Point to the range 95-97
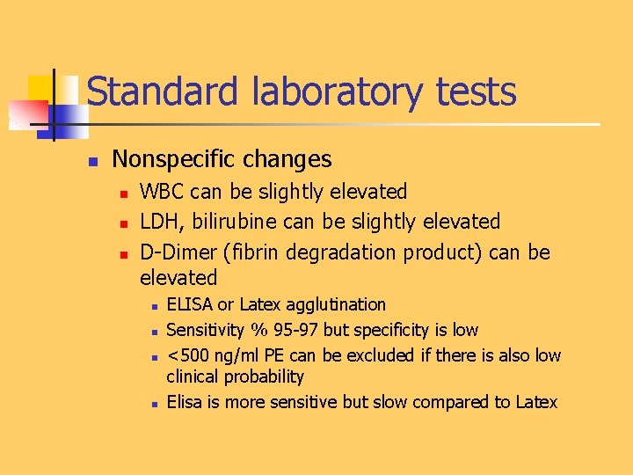click(295, 331)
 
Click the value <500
click(186, 356)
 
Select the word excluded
click(381, 356)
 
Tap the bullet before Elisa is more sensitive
click(153, 404)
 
